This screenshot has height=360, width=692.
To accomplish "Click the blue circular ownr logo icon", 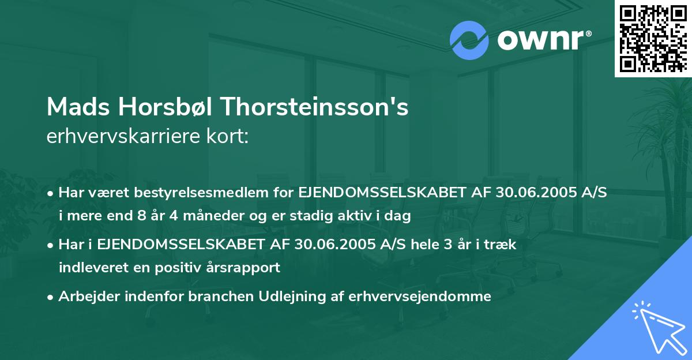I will click(x=469, y=40).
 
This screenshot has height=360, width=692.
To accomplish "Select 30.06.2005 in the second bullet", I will click(x=327, y=245).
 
